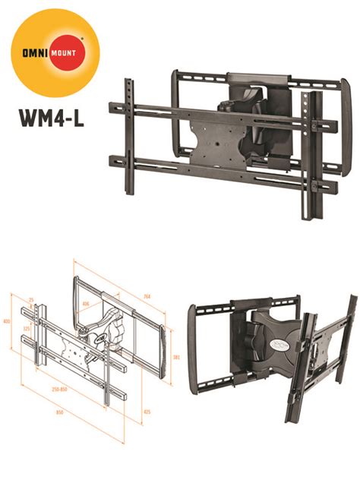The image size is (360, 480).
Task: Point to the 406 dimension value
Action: coord(86,304)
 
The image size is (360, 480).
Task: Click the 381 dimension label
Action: coord(175,357)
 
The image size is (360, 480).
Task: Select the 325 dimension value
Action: coord(27,329)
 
